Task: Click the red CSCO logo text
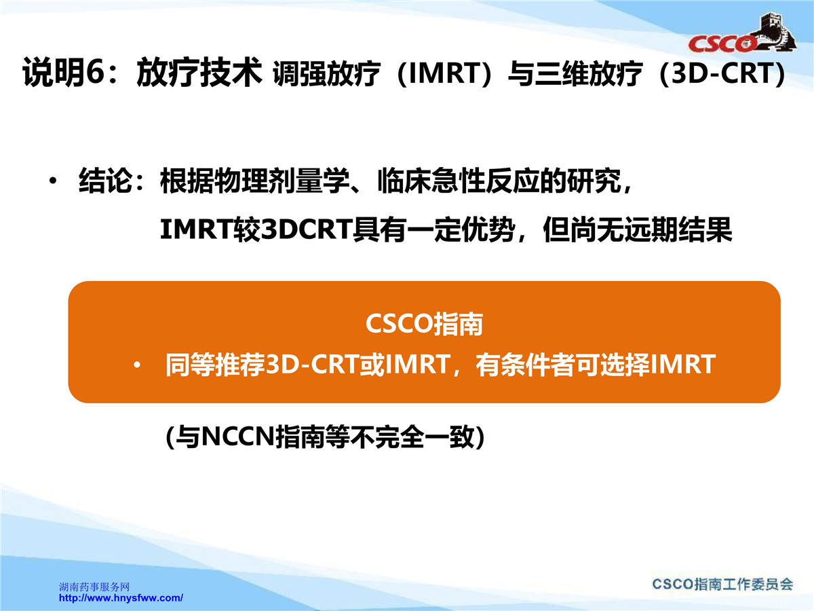(723, 44)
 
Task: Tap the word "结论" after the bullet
(105, 181)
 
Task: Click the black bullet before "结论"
(54, 181)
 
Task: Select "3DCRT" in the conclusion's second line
(307, 229)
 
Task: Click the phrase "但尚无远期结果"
(638, 229)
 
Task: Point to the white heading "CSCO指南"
(424, 324)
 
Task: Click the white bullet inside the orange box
(137, 365)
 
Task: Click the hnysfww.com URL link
(121, 598)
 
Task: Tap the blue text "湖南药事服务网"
(94, 587)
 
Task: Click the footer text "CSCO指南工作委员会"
(722, 585)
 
